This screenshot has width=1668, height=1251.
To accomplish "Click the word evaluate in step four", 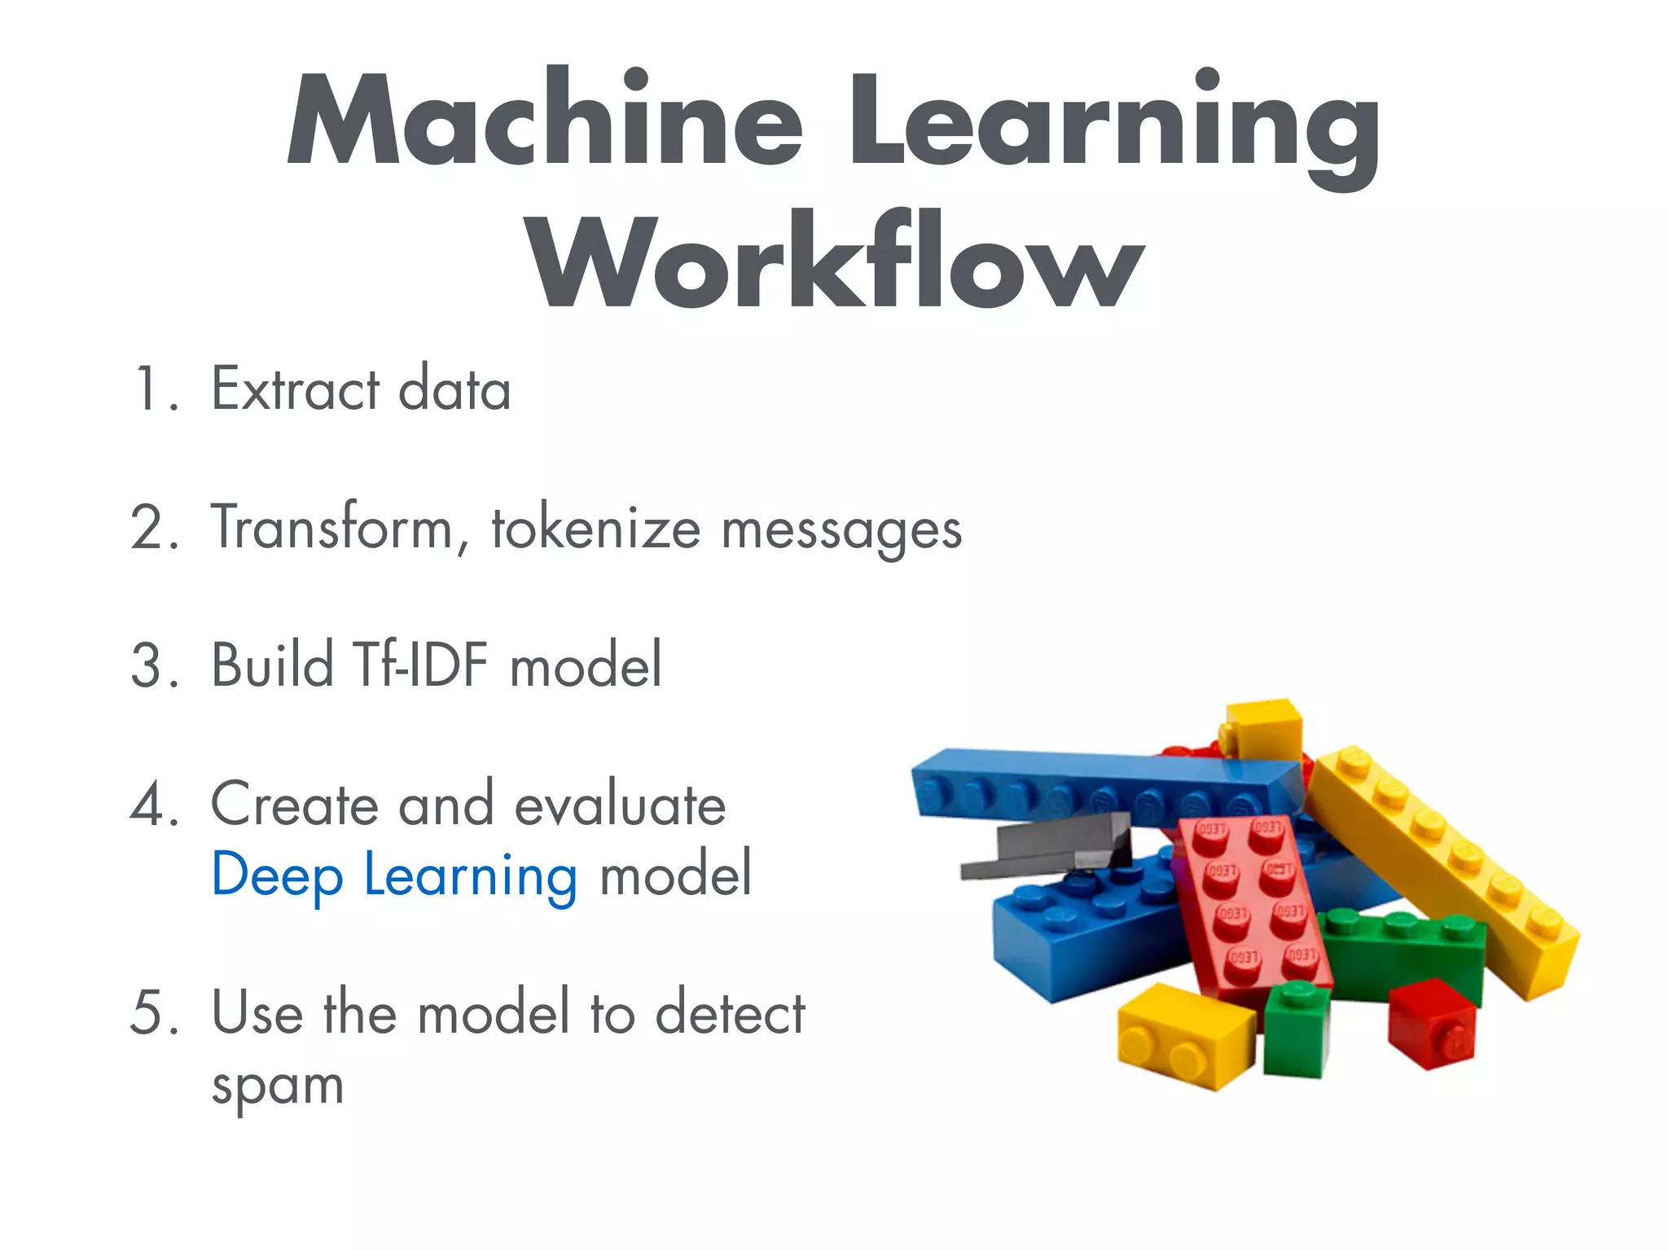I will [620, 805].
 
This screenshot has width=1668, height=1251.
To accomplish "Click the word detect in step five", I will [730, 1014].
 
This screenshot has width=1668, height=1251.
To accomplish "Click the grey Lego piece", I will [1051, 847].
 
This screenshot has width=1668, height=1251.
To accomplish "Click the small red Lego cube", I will [1432, 1024].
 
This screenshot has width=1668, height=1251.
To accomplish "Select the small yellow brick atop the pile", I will [1264, 727].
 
